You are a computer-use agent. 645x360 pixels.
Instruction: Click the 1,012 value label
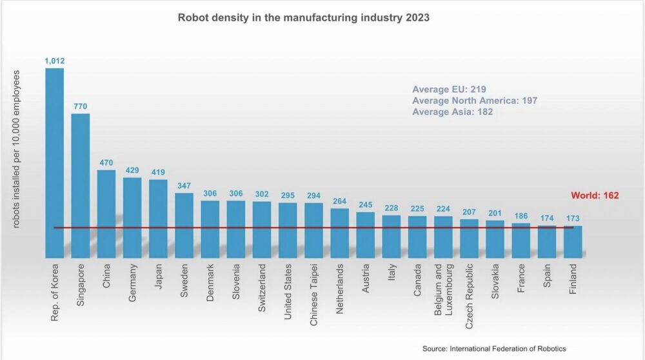pos(54,61)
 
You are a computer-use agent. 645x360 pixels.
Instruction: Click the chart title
pos(303,18)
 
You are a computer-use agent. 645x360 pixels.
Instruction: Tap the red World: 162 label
pos(595,195)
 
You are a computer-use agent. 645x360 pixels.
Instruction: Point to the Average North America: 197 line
pos(475,101)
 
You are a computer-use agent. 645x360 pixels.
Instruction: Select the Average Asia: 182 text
pos(453,112)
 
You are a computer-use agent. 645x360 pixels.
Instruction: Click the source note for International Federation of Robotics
pos(494,348)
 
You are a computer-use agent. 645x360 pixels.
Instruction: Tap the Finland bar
pos(573,241)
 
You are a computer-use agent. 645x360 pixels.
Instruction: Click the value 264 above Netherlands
pos(340,201)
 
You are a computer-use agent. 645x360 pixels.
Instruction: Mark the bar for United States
pos(288,230)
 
